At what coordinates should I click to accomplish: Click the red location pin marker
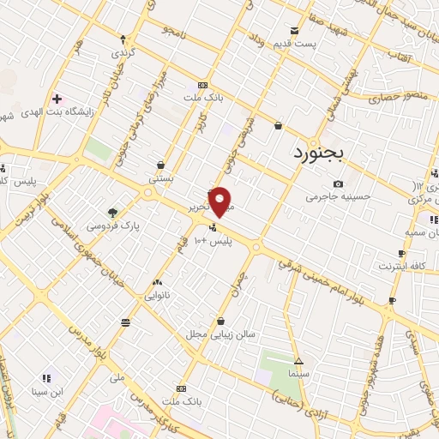tap(221, 201)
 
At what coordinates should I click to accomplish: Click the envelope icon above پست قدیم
tap(295, 31)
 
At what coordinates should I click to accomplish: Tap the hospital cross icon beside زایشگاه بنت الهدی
tap(57, 99)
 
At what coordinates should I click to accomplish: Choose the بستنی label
tap(161, 179)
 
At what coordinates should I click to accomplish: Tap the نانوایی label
tap(158, 295)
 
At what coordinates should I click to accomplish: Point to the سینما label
tap(298, 374)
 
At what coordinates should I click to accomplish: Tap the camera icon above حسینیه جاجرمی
tap(339, 183)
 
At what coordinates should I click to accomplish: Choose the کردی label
tap(124, 53)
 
